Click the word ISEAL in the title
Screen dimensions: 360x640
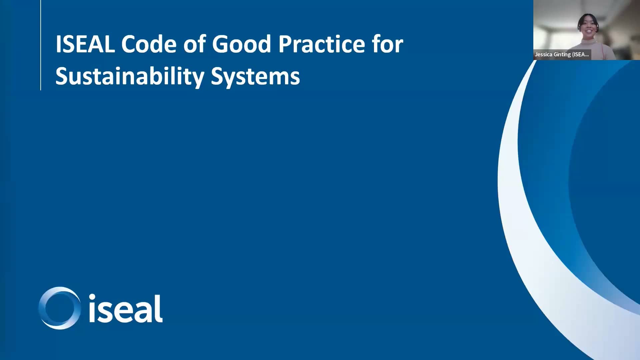[x=85, y=44]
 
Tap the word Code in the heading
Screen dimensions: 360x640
[x=149, y=44]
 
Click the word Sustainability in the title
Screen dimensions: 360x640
[x=130, y=77]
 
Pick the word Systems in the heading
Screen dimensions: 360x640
[x=255, y=77]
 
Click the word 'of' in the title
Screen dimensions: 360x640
[x=194, y=44]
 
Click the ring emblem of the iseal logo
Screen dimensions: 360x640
[x=59, y=308]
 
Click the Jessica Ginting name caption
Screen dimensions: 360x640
[x=562, y=55]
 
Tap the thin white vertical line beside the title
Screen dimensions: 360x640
[x=41, y=45]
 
